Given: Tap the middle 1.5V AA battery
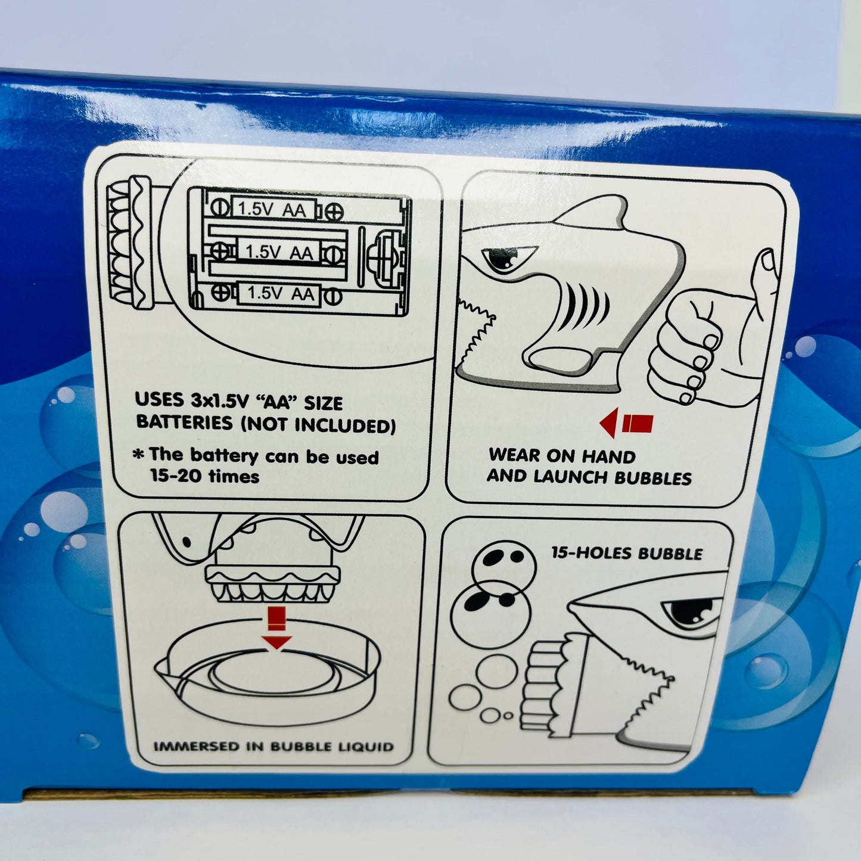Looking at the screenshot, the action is [x=279, y=251].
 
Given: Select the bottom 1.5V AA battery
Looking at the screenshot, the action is [x=281, y=293].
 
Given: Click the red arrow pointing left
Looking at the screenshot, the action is [x=626, y=422].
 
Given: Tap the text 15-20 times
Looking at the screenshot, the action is [x=204, y=476].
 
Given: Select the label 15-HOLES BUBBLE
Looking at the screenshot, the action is [x=627, y=554].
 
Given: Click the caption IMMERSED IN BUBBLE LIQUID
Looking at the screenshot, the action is [x=273, y=747].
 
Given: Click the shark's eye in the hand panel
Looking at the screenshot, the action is [x=499, y=260].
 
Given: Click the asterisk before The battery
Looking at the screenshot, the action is [x=139, y=455].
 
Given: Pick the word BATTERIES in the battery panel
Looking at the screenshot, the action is [x=185, y=422].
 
